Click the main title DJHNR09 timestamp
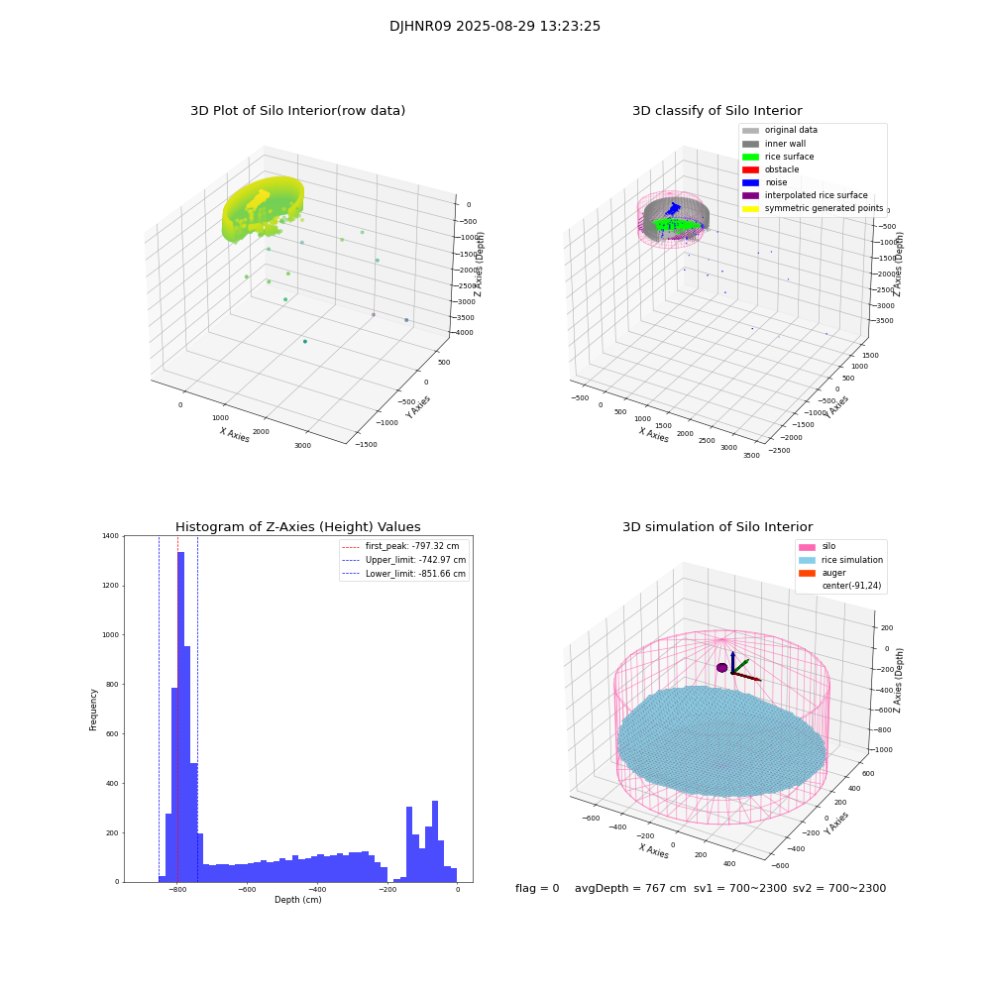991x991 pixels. [495, 27]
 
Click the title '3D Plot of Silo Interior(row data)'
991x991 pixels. [297, 111]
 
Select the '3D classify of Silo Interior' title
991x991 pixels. [716, 111]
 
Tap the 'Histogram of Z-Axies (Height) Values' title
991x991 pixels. [297, 527]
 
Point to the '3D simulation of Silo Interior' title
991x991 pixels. [716, 527]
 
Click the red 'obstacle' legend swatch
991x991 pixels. [750, 169]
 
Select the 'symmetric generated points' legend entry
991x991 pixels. [823, 208]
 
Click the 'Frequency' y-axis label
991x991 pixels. [94, 710]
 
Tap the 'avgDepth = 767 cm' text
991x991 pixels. [630, 889]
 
